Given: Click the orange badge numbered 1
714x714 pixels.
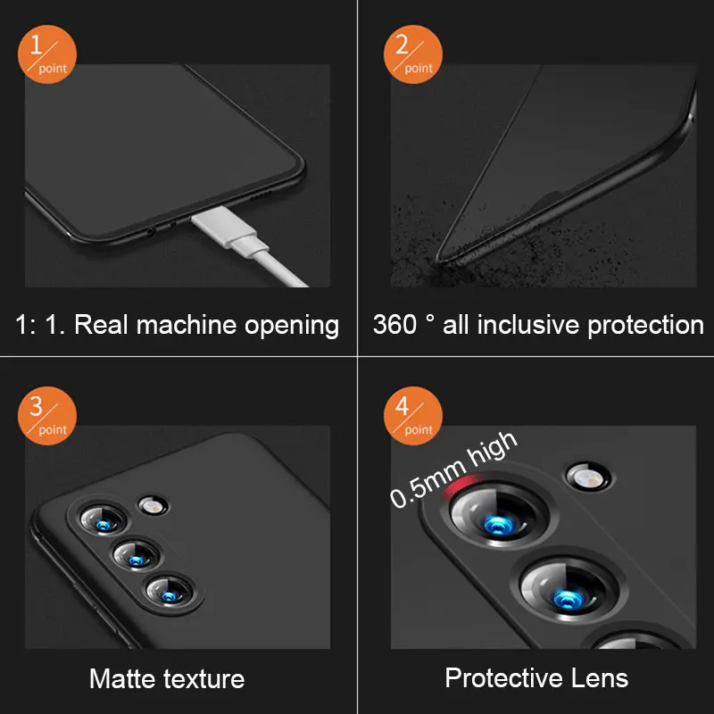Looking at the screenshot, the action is pyautogui.click(x=47, y=54).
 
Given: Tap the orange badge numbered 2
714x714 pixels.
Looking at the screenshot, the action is pyautogui.click(x=413, y=54).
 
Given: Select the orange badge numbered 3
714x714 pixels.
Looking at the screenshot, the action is pyautogui.click(x=47, y=416).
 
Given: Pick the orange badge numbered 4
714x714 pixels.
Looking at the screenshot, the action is pyautogui.click(x=413, y=416).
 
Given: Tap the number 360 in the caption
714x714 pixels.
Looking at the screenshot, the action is pyautogui.click(x=394, y=325).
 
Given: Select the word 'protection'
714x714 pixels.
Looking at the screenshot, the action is pyautogui.click(x=645, y=326).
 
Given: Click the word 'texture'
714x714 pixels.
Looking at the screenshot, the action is pyautogui.click(x=204, y=679).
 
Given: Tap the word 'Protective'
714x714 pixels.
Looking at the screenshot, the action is pyautogui.click(x=503, y=678).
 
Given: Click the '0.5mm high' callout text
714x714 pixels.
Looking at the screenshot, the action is pyautogui.click(x=453, y=469).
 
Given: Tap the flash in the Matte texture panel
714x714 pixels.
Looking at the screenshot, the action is pyautogui.click(x=153, y=506).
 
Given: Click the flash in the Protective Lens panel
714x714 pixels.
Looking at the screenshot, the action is pyautogui.click(x=588, y=477).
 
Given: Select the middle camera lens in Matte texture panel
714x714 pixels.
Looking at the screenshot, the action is pyautogui.click(x=137, y=556).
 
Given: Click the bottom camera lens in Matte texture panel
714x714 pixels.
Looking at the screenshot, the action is pyautogui.click(x=170, y=592).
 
